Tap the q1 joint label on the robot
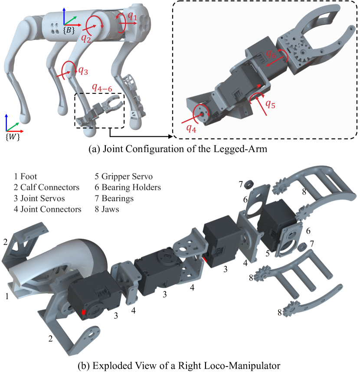[133, 17]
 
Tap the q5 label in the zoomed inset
[270, 104]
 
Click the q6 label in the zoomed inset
[271, 54]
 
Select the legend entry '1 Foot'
[26, 177]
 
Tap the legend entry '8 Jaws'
[110, 209]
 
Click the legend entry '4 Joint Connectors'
[48, 209]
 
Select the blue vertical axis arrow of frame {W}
[7, 122]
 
